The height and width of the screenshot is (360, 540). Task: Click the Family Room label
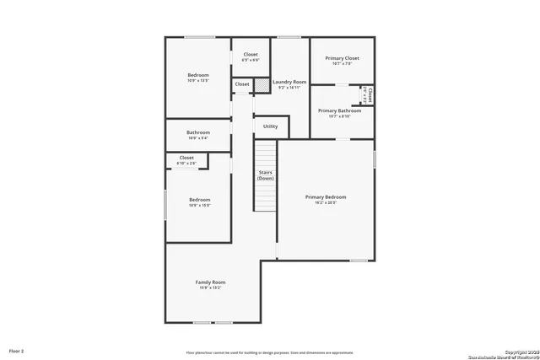[210, 282]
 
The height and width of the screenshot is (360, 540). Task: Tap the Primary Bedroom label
[326, 196]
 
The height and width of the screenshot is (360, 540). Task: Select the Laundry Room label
[289, 82]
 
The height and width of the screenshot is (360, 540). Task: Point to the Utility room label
[270, 126]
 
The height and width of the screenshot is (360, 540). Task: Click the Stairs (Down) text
[266, 175]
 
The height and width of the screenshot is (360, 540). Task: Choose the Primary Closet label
[341, 58]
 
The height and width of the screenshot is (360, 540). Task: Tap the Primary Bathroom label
[339, 110]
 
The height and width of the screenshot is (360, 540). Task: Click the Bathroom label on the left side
[198, 132]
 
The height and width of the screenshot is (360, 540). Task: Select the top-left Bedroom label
[198, 75]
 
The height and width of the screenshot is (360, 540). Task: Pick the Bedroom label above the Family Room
[199, 199]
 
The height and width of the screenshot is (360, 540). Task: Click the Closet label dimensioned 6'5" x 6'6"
[251, 54]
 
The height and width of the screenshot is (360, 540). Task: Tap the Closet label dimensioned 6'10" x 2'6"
[186, 158]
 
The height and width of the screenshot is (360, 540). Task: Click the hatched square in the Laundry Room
[262, 84]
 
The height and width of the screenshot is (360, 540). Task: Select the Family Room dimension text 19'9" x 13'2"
[210, 288]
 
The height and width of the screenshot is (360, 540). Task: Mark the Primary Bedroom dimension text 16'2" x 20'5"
[326, 203]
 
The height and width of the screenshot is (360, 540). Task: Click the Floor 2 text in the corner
[17, 350]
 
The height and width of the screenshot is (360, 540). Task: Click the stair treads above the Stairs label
[266, 155]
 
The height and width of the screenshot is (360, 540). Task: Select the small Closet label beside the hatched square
[242, 84]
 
